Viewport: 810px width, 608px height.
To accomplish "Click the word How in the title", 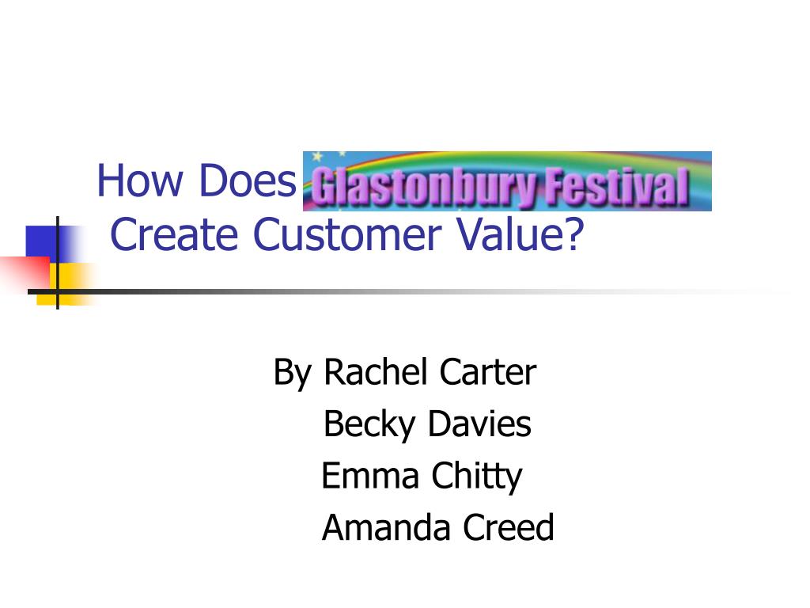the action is click(140, 180).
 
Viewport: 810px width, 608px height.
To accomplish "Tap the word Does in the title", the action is click(247, 180).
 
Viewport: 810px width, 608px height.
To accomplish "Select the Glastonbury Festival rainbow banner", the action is click(507, 181).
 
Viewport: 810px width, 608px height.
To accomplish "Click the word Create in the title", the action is click(174, 234).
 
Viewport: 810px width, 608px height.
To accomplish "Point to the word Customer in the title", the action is click(346, 234).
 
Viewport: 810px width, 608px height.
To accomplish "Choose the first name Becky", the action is click(369, 424).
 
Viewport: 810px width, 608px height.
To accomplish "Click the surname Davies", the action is click(479, 424).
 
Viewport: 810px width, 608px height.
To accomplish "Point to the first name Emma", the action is click(370, 476).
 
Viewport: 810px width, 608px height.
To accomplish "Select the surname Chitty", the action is click(477, 477).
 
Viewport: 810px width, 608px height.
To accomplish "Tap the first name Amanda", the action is click(386, 527).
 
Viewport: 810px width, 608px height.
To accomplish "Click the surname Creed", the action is click(509, 527).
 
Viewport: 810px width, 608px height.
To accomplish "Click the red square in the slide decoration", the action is click(26, 273).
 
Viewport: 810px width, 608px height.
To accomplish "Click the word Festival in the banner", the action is click(617, 185).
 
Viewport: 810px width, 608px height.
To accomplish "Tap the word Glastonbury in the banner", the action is click(426, 186).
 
